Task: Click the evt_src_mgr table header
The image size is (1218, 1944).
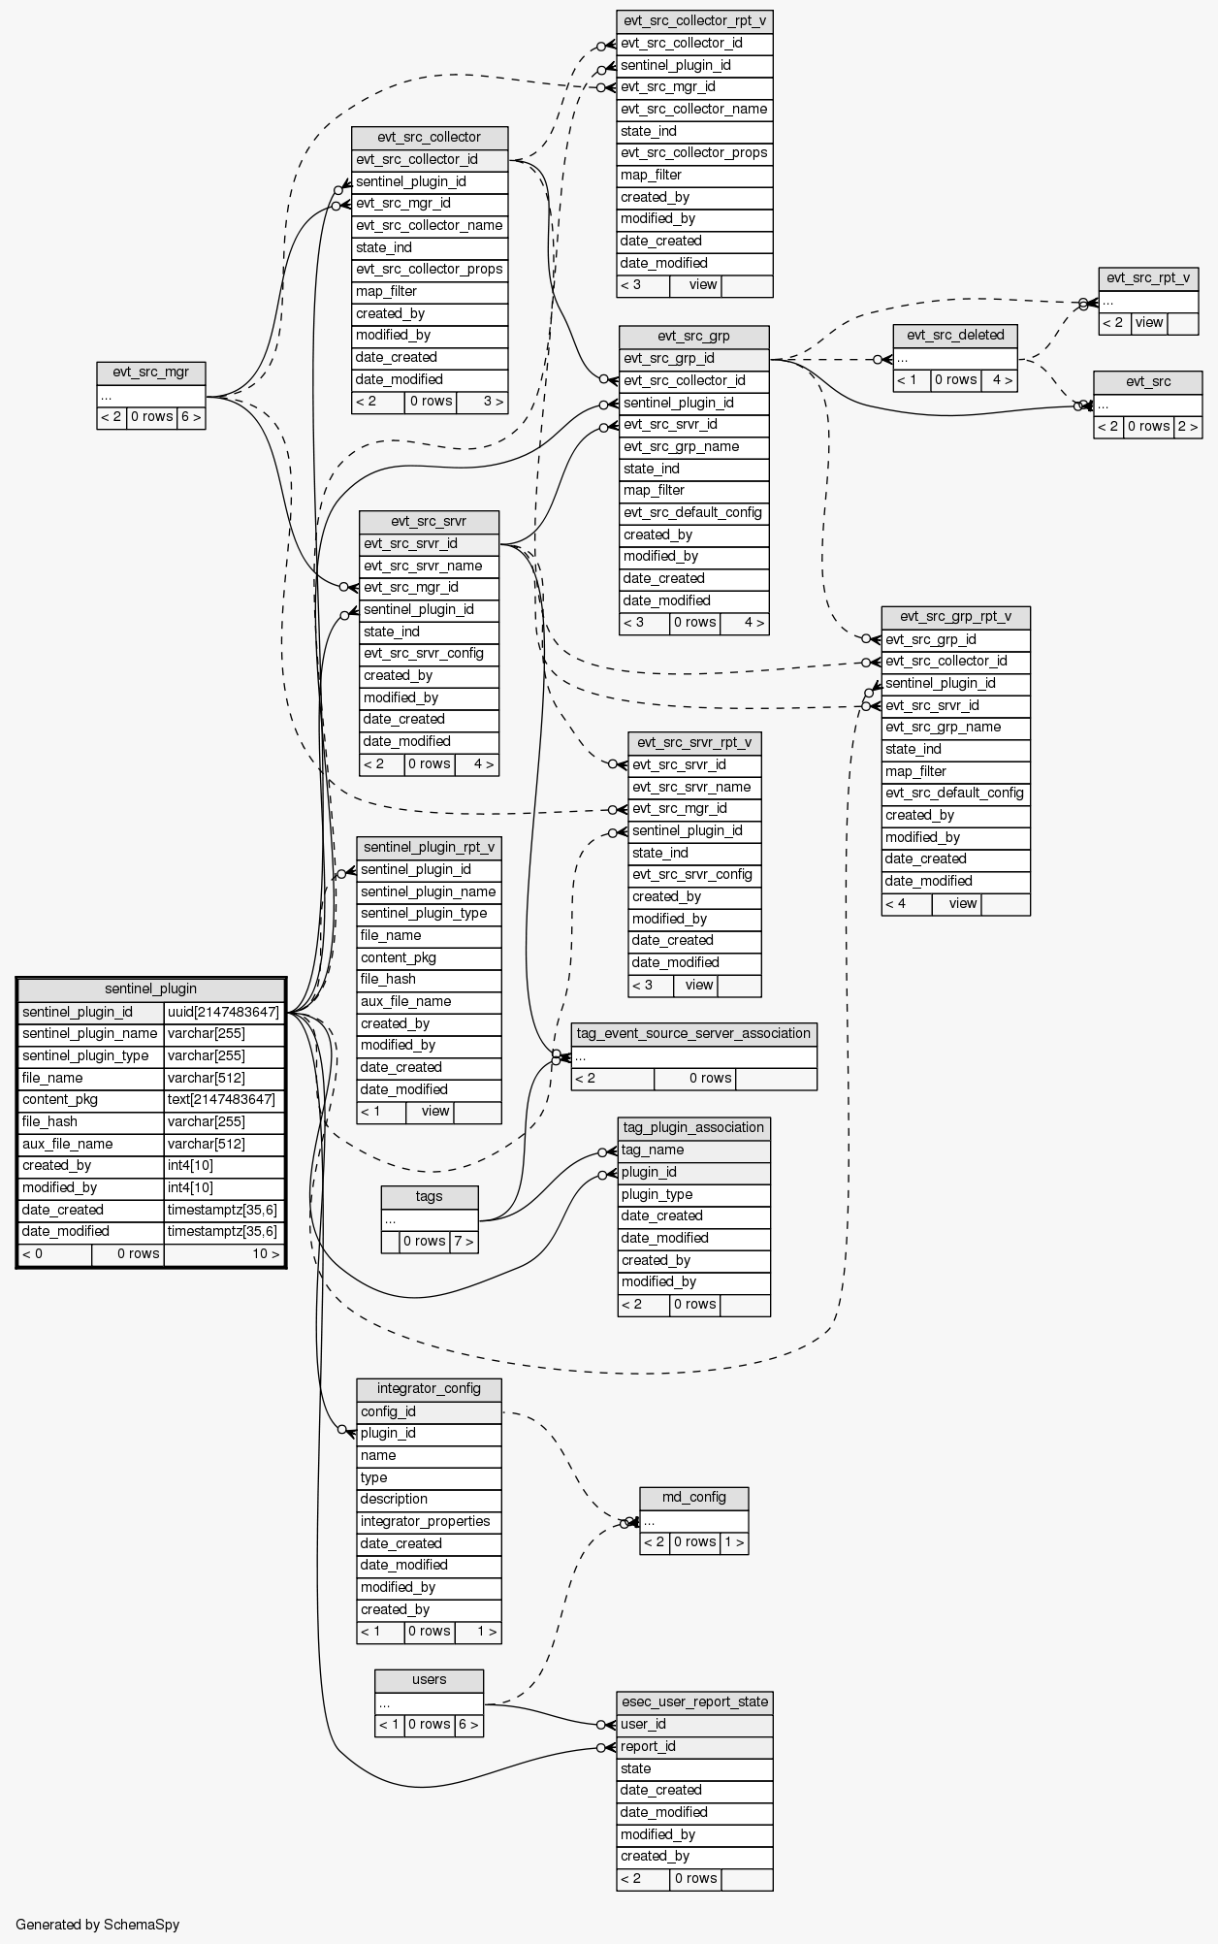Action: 151,373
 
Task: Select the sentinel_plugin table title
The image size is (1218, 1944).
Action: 150,989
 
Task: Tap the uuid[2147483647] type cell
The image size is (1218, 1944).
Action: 223,1012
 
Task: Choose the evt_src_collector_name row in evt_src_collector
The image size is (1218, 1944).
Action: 430,226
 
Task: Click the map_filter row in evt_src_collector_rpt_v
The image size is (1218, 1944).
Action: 694,176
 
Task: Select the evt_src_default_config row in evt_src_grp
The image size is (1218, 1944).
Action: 693,512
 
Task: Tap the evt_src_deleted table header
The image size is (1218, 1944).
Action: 955,336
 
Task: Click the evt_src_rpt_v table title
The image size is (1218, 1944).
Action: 1148,278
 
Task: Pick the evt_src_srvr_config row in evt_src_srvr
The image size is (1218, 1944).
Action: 429,653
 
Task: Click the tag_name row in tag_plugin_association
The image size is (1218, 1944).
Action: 693,1150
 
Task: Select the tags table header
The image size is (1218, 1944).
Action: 430,1196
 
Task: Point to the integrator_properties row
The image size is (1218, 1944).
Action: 429,1521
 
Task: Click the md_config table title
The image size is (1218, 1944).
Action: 694,1497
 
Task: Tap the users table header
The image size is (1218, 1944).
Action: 429,1679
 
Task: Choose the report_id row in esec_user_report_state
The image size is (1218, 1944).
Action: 694,1746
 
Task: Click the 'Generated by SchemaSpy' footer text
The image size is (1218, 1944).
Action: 98,1924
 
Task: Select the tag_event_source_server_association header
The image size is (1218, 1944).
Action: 693,1034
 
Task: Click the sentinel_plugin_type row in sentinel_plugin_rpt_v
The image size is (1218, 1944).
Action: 429,914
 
